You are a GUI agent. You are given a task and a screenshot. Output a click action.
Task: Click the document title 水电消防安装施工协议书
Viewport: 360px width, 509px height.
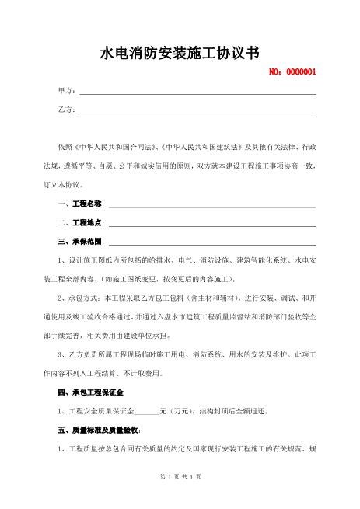pos(180,53)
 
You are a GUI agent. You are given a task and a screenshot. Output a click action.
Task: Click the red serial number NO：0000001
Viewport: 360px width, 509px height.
pos(292,73)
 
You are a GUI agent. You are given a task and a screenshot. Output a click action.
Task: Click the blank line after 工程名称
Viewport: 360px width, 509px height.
pos(211,205)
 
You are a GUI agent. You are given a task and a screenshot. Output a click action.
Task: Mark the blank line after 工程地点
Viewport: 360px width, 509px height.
pos(211,224)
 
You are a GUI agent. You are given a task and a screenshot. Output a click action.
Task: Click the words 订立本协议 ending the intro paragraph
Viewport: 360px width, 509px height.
pos(65,185)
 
